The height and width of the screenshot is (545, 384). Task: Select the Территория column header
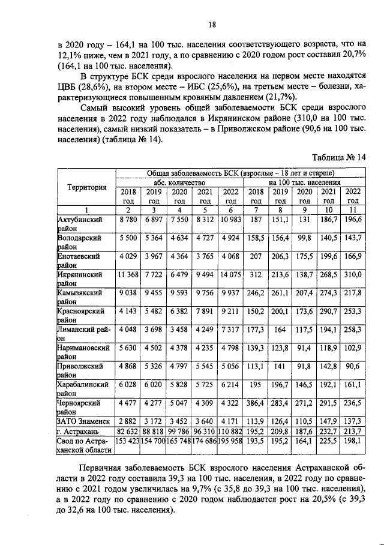click(86, 187)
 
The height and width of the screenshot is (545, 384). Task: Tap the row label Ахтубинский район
click(81, 224)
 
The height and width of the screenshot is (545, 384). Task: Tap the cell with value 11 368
click(128, 274)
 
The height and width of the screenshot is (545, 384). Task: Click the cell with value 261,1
click(280, 293)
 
